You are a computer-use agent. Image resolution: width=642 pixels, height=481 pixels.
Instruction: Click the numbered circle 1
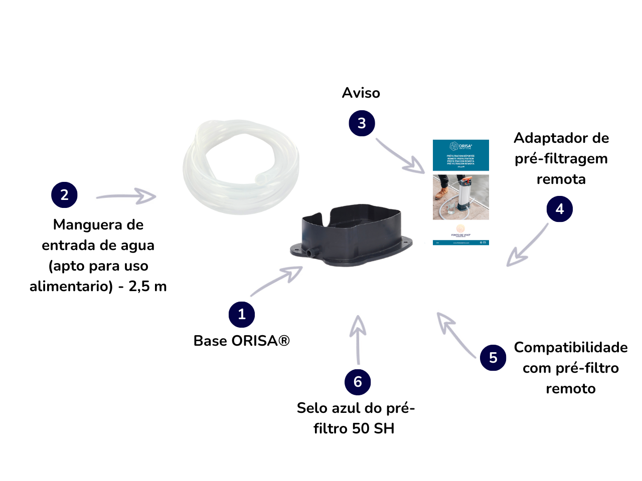pyautogui.click(x=242, y=315)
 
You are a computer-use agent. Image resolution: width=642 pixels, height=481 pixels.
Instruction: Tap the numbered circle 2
pyautogui.click(x=64, y=195)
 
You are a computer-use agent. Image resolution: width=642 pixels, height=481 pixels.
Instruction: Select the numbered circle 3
pyautogui.click(x=362, y=123)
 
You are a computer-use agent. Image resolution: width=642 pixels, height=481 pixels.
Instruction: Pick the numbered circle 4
pyautogui.click(x=560, y=209)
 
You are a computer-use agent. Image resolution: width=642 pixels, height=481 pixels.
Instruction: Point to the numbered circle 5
pyautogui.click(x=493, y=358)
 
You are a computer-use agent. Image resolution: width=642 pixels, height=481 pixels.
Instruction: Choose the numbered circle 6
pyautogui.click(x=358, y=382)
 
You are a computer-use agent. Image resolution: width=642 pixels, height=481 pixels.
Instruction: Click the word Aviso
pyautogui.click(x=361, y=93)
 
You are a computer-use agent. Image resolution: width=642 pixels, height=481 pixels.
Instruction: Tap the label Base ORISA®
pyautogui.click(x=242, y=341)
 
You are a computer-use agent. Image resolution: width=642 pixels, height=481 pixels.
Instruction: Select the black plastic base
pyautogui.click(x=351, y=235)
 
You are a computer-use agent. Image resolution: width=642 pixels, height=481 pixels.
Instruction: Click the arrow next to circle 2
pyautogui.click(x=126, y=196)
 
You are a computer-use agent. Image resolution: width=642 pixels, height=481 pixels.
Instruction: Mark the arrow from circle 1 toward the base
pyautogui.click(x=277, y=281)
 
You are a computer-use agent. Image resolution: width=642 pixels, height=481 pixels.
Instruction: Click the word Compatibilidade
pyautogui.click(x=571, y=348)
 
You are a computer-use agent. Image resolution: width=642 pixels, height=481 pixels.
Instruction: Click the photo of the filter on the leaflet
pyautogui.click(x=460, y=197)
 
